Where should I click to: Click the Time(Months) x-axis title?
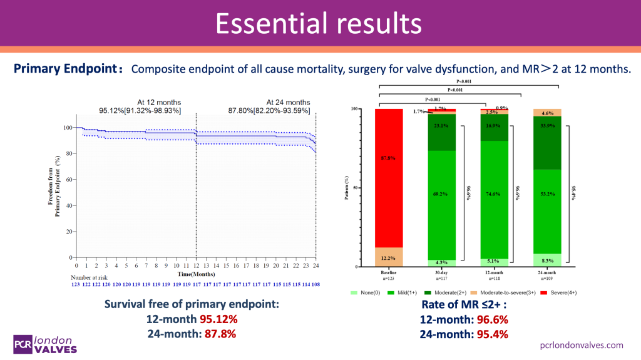click(x=196, y=274)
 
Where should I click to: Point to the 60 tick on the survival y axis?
click(x=69, y=179)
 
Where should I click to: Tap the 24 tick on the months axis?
click(x=315, y=265)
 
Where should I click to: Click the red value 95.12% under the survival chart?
click(x=218, y=319)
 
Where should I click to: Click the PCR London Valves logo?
click(x=46, y=344)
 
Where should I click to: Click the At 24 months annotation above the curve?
click(x=288, y=102)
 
